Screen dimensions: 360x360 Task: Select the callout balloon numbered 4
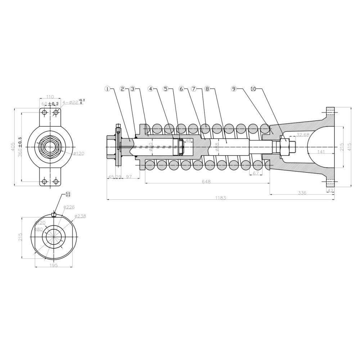151,88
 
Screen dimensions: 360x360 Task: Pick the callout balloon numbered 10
253,88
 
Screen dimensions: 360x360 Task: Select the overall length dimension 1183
221,198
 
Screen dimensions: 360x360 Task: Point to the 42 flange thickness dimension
330,190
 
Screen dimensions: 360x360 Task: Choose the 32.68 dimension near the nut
303,135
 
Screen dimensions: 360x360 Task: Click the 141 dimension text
321,152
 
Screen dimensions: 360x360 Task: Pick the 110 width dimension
50,97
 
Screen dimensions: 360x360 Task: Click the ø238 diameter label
80,216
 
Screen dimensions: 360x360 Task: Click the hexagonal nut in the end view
50,147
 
